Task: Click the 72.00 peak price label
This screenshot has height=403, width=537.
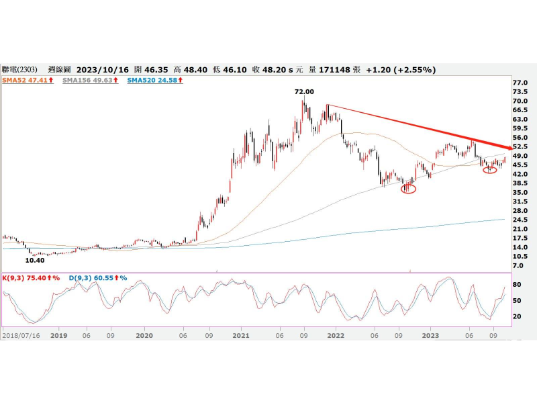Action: click(x=304, y=91)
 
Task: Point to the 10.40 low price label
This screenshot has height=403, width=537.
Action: click(x=35, y=260)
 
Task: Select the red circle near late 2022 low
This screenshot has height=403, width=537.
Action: click(x=409, y=189)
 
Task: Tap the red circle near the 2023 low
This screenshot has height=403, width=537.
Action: click(x=490, y=169)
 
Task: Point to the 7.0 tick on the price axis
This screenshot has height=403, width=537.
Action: click(x=518, y=265)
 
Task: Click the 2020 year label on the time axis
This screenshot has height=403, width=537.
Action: click(x=144, y=334)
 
